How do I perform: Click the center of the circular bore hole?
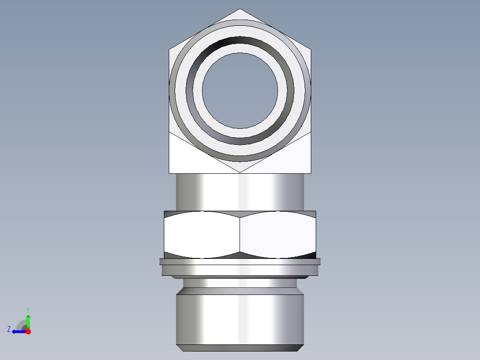point(240,91)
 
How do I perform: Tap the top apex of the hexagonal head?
point(240,9)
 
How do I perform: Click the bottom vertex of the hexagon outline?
point(240,172)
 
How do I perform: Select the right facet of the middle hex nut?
point(278,234)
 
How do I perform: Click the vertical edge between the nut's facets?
point(240,234)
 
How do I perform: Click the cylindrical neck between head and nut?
point(240,192)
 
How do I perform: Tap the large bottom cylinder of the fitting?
point(240,319)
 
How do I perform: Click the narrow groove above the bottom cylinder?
point(240,283)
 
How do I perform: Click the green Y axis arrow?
point(28,320)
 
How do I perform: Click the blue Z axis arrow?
point(18,331)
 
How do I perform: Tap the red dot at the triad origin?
point(28,331)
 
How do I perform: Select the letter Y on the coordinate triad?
point(28,309)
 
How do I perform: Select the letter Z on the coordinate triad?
point(9,329)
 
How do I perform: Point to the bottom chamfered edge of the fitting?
point(240,348)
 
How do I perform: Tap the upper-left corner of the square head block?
point(170,49)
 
